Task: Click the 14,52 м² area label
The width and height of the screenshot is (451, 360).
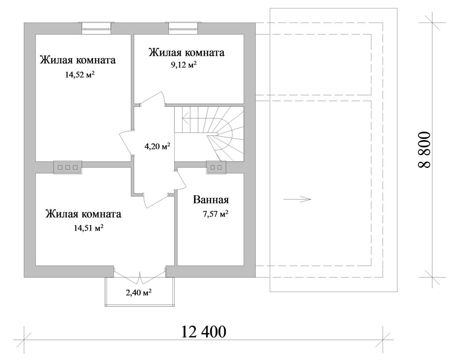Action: pyautogui.click(x=80, y=75)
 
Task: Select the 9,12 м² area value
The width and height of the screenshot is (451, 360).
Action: pyautogui.click(x=184, y=65)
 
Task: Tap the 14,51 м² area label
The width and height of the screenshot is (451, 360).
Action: pyautogui.click(x=89, y=228)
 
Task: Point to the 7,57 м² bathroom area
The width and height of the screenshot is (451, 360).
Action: pyautogui.click(x=216, y=214)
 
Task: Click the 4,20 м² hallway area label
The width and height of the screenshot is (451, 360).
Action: pyautogui.click(x=157, y=146)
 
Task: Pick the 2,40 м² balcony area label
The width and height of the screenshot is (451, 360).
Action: pyautogui.click(x=139, y=293)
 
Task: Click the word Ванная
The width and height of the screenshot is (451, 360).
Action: pyautogui.click(x=211, y=200)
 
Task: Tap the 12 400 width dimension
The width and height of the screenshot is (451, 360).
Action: pyautogui.click(x=204, y=331)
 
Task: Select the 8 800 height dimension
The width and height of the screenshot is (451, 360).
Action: pyautogui.click(x=424, y=150)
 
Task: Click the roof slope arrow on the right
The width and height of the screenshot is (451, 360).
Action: pyautogui.click(x=297, y=199)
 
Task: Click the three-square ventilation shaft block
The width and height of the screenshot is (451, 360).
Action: pyautogui.click(x=67, y=167)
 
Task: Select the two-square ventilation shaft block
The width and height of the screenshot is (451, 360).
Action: pyautogui.click(x=216, y=167)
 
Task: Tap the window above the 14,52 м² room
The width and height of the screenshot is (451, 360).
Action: pyautogui.click(x=96, y=28)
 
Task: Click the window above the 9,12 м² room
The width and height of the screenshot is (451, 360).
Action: pyautogui.click(x=183, y=28)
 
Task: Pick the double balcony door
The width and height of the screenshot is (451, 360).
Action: pyautogui.click(x=140, y=276)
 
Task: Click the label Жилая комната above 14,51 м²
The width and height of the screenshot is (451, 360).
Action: pyautogui.click(x=83, y=214)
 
